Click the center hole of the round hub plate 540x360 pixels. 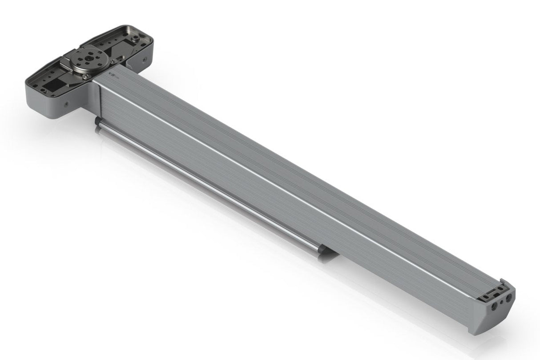[88, 58]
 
